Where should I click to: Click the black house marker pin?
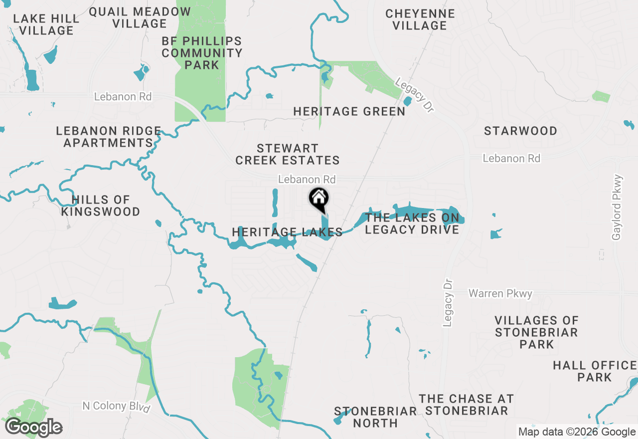(x=319, y=199)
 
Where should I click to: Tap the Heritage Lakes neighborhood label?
(x=287, y=232)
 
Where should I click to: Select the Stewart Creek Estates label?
(x=288, y=154)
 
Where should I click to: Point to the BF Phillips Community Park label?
(x=202, y=53)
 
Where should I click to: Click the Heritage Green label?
(x=349, y=111)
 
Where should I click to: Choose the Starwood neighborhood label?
(x=520, y=131)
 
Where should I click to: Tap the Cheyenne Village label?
(x=420, y=19)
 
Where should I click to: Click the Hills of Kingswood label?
(x=101, y=206)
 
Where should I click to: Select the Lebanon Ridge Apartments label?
(x=108, y=137)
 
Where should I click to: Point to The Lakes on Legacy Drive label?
(x=412, y=223)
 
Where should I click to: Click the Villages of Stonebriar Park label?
(x=536, y=332)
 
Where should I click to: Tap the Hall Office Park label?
(x=594, y=371)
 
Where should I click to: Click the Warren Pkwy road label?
(x=500, y=293)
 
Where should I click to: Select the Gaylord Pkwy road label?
(x=617, y=207)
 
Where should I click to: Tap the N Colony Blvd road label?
(x=116, y=406)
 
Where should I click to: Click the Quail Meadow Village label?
(x=140, y=17)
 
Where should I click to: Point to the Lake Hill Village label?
(x=46, y=24)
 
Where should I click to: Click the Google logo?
(x=34, y=427)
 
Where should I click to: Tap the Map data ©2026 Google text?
(x=577, y=432)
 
